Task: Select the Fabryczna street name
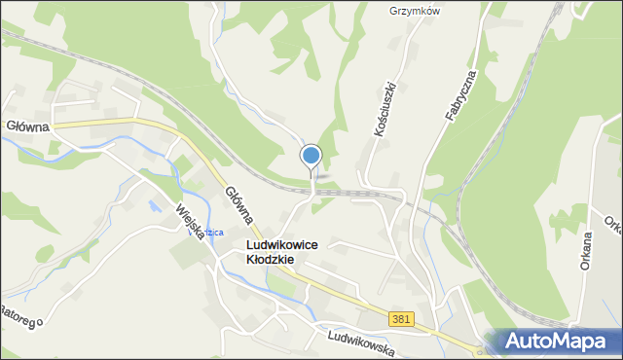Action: tap(459, 95)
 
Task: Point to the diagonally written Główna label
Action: tap(238, 206)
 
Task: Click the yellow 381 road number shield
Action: tap(399, 319)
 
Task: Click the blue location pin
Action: tap(311, 156)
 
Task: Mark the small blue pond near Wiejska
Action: tap(154, 206)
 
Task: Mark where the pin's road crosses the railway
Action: tap(312, 190)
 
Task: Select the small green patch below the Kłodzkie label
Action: tap(279, 285)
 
